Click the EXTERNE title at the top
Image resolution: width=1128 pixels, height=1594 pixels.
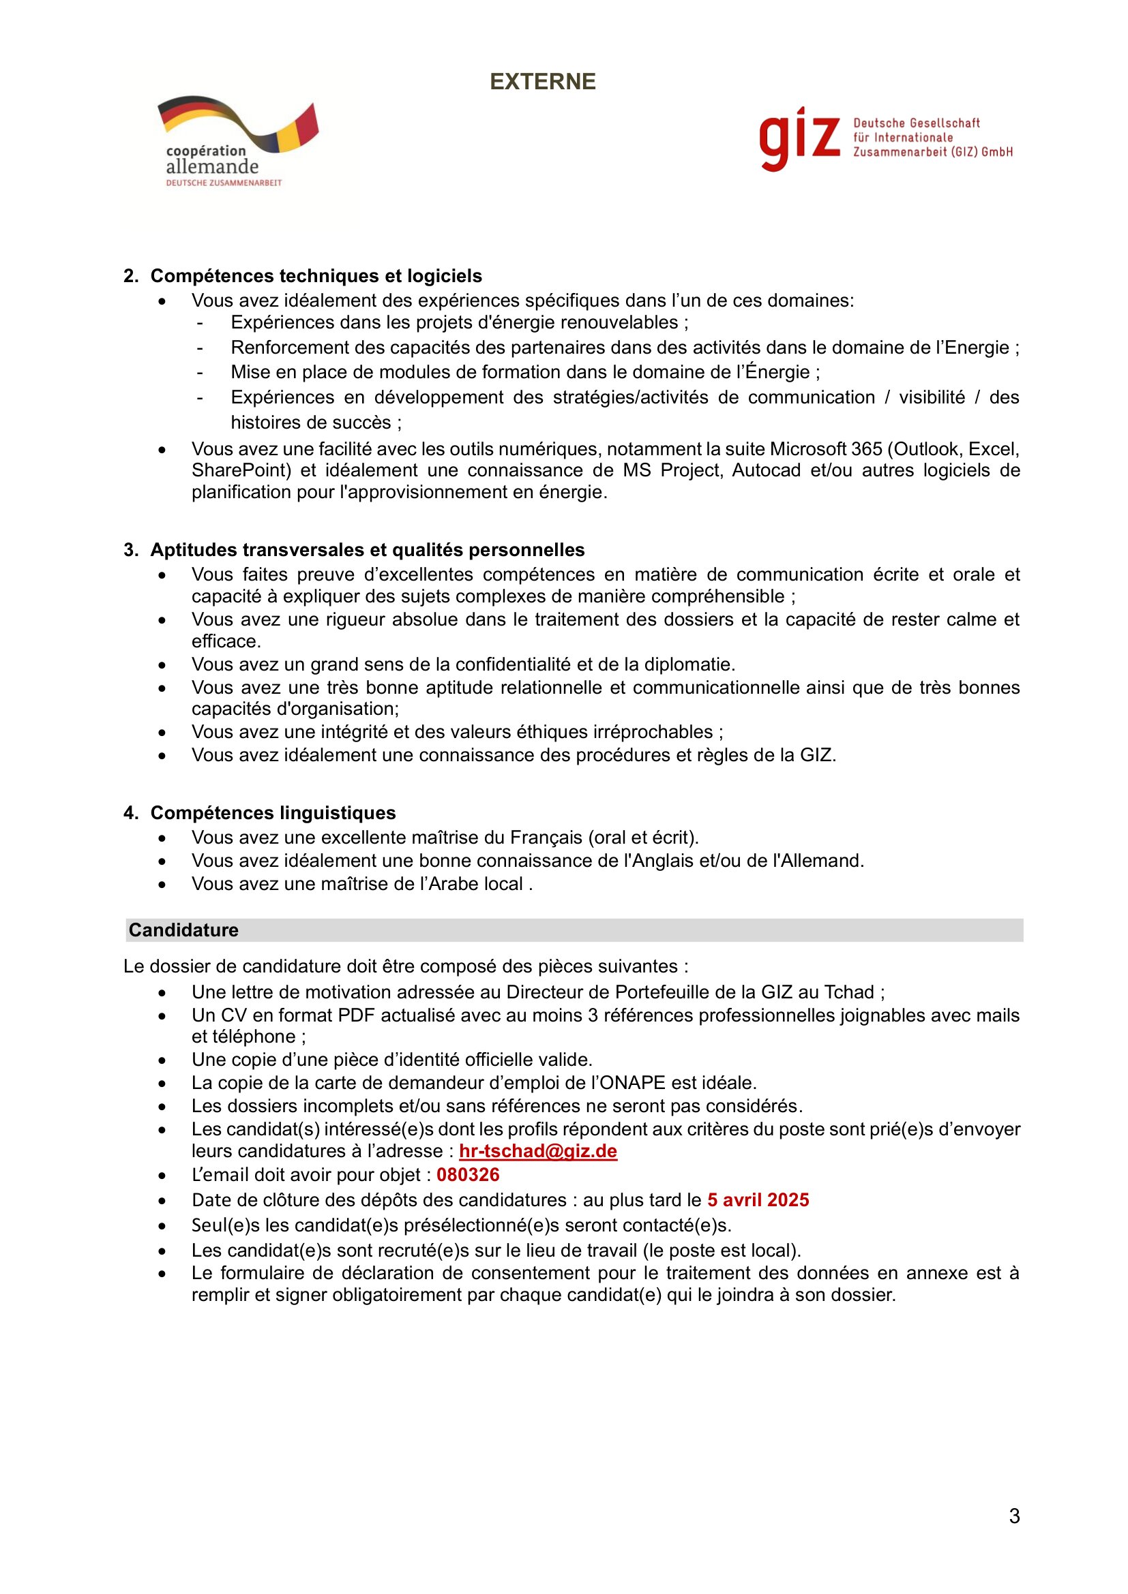coord(542,82)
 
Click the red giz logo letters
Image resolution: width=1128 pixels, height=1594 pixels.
coord(799,138)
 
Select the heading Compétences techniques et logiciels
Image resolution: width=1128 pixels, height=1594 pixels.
coord(316,275)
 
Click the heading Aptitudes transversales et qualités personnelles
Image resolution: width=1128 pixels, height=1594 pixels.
coord(368,550)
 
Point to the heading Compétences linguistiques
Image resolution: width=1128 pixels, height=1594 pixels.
coord(273,813)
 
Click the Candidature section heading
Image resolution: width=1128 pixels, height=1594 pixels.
coord(183,930)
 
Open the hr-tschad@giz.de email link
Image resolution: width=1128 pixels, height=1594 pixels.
coord(537,1151)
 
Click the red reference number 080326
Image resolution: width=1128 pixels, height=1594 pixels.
coord(467,1175)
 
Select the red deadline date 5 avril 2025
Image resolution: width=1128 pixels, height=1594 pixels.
coord(758,1200)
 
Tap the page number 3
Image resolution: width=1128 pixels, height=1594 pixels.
coord(1014,1516)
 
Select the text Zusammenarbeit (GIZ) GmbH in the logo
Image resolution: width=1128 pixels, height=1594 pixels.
coord(933,152)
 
